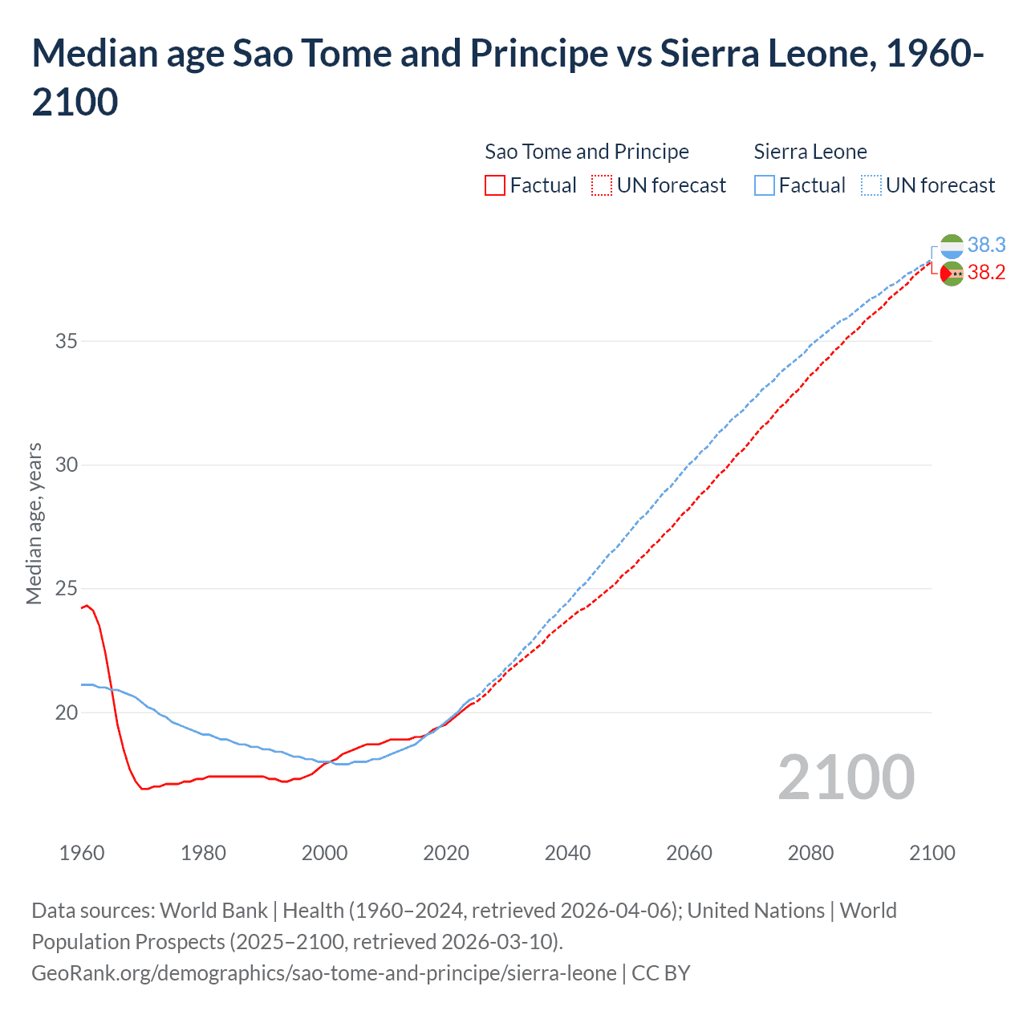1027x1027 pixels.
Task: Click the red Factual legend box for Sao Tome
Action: [495, 185]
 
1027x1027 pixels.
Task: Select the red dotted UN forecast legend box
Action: [602, 185]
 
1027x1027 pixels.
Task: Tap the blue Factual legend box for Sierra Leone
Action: [765, 185]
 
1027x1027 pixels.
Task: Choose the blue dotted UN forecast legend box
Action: [871, 185]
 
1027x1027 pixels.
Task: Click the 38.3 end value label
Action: [986, 245]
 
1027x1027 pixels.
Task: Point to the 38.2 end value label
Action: [986, 273]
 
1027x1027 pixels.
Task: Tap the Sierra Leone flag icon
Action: [952, 246]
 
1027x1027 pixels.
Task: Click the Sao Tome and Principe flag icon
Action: [952, 274]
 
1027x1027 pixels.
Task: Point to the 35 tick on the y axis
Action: [67, 341]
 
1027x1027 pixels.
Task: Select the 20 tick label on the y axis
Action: [67, 712]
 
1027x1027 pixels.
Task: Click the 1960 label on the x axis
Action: [82, 853]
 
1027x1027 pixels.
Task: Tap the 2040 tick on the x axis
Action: [567, 853]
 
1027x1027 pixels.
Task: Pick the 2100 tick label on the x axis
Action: [932, 853]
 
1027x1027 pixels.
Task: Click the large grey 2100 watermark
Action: [846, 777]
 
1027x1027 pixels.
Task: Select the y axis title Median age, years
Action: [34, 523]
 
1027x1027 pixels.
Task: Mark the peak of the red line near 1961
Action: [87, 606]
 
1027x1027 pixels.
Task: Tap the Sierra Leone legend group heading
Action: [810, 152]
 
